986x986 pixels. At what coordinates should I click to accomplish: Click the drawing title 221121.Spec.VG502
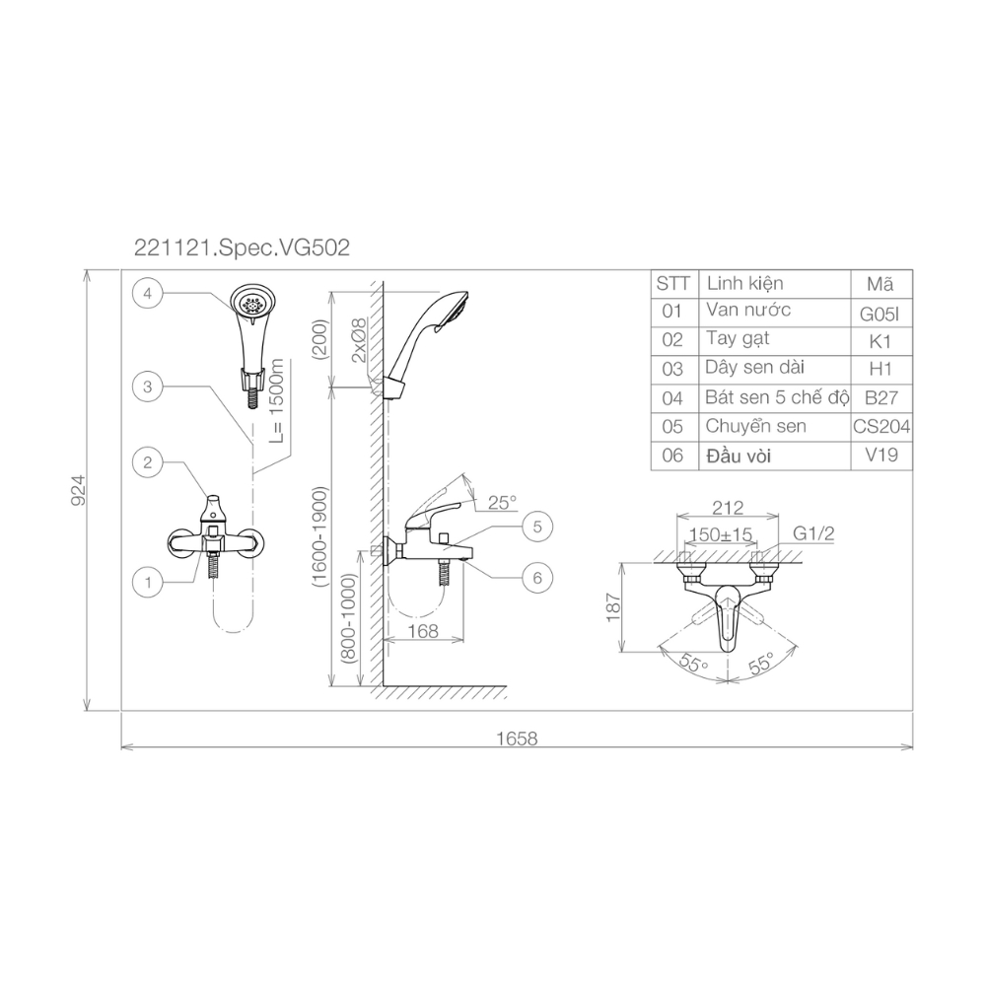pos(242,249)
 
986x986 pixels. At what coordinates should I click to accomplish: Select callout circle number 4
pos(146,293)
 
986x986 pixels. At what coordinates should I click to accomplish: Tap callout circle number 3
pos(146,387)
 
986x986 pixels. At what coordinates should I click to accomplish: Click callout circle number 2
pos(146,461)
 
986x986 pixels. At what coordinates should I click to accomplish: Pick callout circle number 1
pos(146,583)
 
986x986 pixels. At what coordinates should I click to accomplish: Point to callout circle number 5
pos(536,528)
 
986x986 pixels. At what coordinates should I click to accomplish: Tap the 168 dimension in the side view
pos(422,632)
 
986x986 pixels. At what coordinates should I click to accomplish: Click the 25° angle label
pos(501,503)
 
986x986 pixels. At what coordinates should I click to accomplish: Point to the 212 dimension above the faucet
pos(727,509)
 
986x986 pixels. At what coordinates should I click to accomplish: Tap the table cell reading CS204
pos(880,427)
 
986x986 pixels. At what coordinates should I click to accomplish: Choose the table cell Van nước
pos(748,311)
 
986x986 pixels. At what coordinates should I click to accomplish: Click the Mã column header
pos(880,284)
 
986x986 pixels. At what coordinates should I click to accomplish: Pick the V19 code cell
pos(880,457)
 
